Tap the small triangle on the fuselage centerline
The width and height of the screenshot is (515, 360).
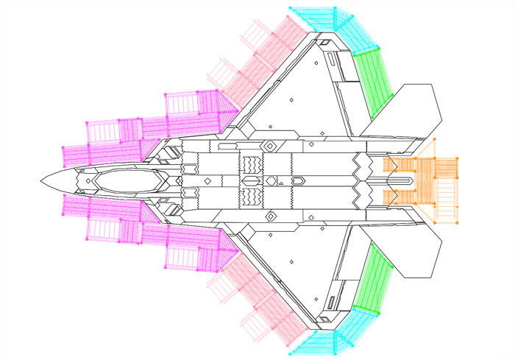pyautogui.click(x=280, y=180)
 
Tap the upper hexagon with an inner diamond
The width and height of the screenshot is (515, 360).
pyautogui.click(x=271, y=145)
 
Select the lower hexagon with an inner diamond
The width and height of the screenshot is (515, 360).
pyautogui.click(x=271, y=216)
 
